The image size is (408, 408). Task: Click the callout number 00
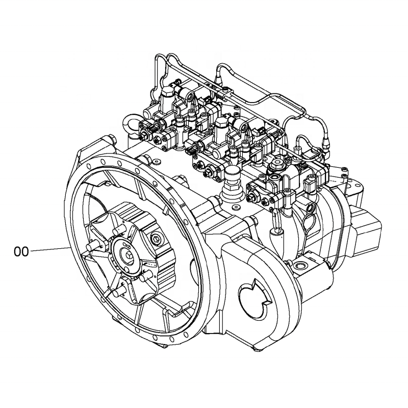pyautogui.click(x=20, y=251)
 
